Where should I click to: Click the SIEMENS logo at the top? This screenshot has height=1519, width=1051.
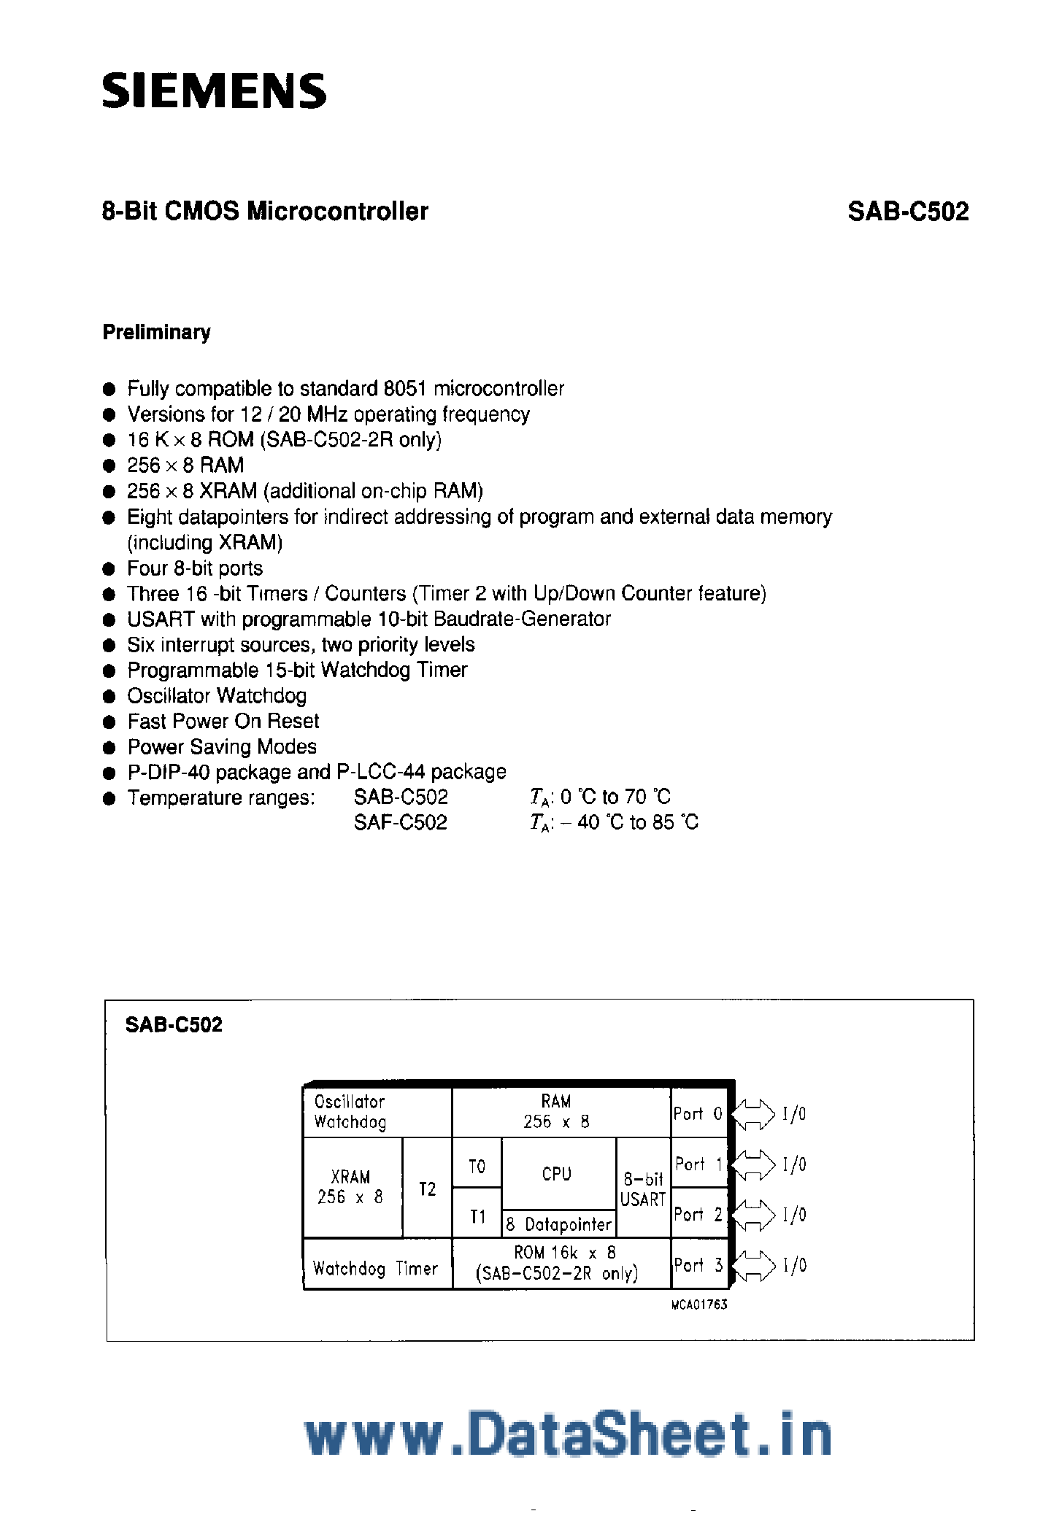click(214, 91)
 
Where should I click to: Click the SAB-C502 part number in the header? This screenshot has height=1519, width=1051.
click(908, 212)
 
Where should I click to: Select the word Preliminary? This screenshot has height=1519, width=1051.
click(156, 332)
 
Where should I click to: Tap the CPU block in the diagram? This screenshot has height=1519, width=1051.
click(558, 1174)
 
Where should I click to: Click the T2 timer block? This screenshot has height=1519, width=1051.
click(427, 1188)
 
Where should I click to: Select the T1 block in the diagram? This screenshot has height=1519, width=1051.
click(477, 1215)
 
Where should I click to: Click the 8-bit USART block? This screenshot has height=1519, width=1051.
click(643, 1188)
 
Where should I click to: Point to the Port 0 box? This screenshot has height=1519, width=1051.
click(698, 1113)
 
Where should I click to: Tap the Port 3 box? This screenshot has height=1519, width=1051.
click(698, 1264)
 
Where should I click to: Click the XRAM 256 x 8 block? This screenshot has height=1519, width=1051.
click(351, 1187)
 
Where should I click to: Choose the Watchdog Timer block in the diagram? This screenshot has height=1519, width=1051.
click(376, 1268)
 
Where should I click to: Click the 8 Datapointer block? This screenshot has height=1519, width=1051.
click(558, 1224)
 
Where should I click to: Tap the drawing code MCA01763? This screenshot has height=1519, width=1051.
click(699, 1305)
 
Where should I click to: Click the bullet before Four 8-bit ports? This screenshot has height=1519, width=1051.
click(109, 568)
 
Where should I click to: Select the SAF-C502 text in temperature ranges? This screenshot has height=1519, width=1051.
click(401, 822)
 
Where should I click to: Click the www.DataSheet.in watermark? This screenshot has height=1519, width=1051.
click(567, 1434)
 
